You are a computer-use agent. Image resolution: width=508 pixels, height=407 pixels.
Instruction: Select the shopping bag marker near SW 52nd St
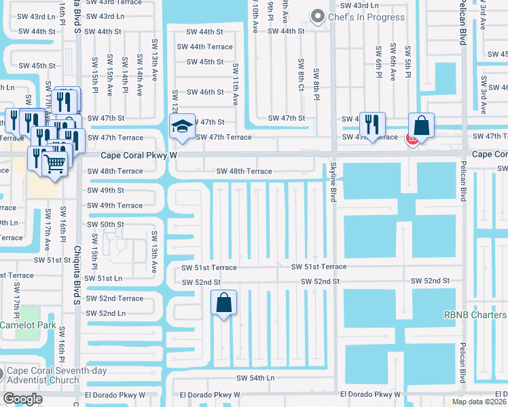[x=224, y=303]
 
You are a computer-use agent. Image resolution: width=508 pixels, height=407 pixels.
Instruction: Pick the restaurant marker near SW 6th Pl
[x=372, y=124]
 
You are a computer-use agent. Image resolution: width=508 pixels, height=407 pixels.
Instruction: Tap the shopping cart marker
[x=54, y=163]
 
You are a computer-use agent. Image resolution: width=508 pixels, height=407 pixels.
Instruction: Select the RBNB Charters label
[x=475, y=315]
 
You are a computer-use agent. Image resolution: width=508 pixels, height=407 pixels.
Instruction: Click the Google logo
[x=22, y=399]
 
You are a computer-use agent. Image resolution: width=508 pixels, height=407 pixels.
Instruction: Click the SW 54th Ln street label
[x=255, y=377]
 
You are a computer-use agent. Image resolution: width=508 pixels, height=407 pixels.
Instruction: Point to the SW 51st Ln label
[x=104, y=278]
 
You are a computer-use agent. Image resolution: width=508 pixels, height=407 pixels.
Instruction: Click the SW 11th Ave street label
[x=236, y=84]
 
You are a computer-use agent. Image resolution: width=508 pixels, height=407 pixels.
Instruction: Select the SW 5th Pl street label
[x=408, y=61]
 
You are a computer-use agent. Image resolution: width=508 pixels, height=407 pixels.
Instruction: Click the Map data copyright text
[x=477, y=402]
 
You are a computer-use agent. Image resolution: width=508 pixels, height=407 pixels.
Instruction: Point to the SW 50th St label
[x=105, y=224]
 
